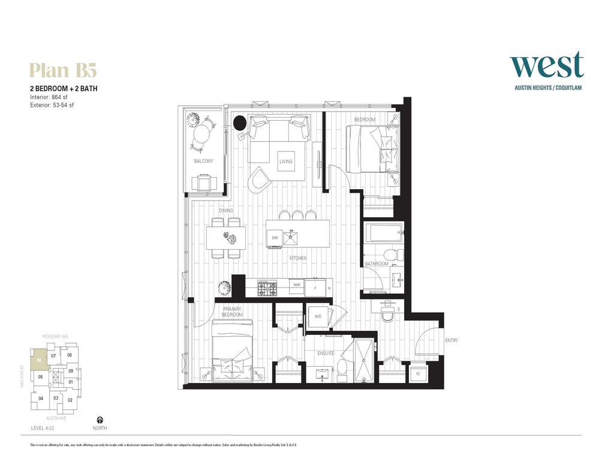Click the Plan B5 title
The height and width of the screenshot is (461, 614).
(x=63, y=70)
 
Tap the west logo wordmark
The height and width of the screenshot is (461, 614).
(x=546, y=65)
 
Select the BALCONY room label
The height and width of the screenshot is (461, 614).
(x=203, y=161)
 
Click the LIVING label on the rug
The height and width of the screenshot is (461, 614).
(x=286, y=161)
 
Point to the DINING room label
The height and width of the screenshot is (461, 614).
(x=225, y=211)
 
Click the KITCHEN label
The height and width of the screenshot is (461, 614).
(x=298, y=258)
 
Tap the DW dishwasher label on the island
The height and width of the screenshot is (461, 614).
(x=275, y=238)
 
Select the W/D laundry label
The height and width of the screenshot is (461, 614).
(x=318, y=316)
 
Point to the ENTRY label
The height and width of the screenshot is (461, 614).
(x=452, y=341)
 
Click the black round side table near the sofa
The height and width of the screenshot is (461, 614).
(x=239, y=123)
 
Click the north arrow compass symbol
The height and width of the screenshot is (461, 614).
(x=100, y=420)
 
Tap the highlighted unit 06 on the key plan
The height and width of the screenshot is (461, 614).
(x=39, y=359)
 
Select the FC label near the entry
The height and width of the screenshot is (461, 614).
(x=417, y=374)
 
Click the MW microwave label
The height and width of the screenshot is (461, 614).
(x=297, y=285)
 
